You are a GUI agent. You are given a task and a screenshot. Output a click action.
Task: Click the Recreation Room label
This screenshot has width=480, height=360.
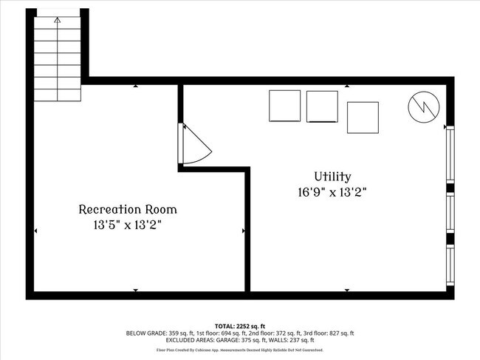click(128, 209)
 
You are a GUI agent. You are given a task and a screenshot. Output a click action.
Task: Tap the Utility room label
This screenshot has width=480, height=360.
click(332, 177)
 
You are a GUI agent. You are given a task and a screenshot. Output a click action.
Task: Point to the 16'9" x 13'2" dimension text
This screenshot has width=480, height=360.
click(332, 191)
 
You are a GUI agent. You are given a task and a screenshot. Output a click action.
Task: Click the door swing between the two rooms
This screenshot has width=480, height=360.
click(194, 144)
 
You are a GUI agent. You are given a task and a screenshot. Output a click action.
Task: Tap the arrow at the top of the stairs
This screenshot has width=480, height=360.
click(58, 20)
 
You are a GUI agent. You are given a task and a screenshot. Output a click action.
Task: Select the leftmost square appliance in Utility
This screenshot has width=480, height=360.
click(284, 106)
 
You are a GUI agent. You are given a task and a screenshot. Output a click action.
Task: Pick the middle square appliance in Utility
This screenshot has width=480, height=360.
click(322, 106)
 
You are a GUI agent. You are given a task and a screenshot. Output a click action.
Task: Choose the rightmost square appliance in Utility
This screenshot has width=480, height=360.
click(363, 118)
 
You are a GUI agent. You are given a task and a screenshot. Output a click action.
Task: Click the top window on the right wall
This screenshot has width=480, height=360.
click(450, 154)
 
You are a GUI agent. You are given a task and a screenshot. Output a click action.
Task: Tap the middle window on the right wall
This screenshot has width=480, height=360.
click(450, 214)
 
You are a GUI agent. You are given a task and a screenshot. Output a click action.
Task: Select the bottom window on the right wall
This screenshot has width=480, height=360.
click(450, 265)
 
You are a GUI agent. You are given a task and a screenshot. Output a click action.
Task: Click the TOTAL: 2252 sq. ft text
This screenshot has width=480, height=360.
click(240, 326)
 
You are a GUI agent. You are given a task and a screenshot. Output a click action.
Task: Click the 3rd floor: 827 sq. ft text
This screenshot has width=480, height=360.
click(326, 333)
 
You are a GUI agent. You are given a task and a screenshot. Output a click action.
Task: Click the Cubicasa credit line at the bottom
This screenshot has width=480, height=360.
click(240, 350)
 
